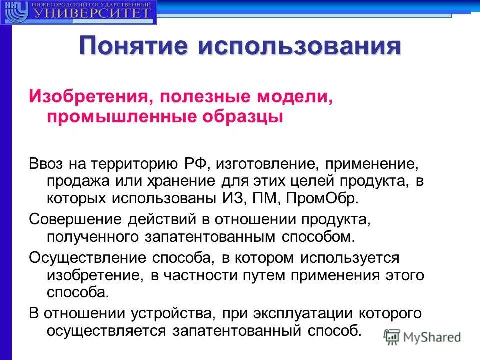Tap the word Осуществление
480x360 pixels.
tap(87, 258)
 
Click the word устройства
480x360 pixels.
tap(169, 314)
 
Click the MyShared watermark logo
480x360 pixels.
tap(423, 336)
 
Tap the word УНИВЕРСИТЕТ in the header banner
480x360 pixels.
tap(92, 12)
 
